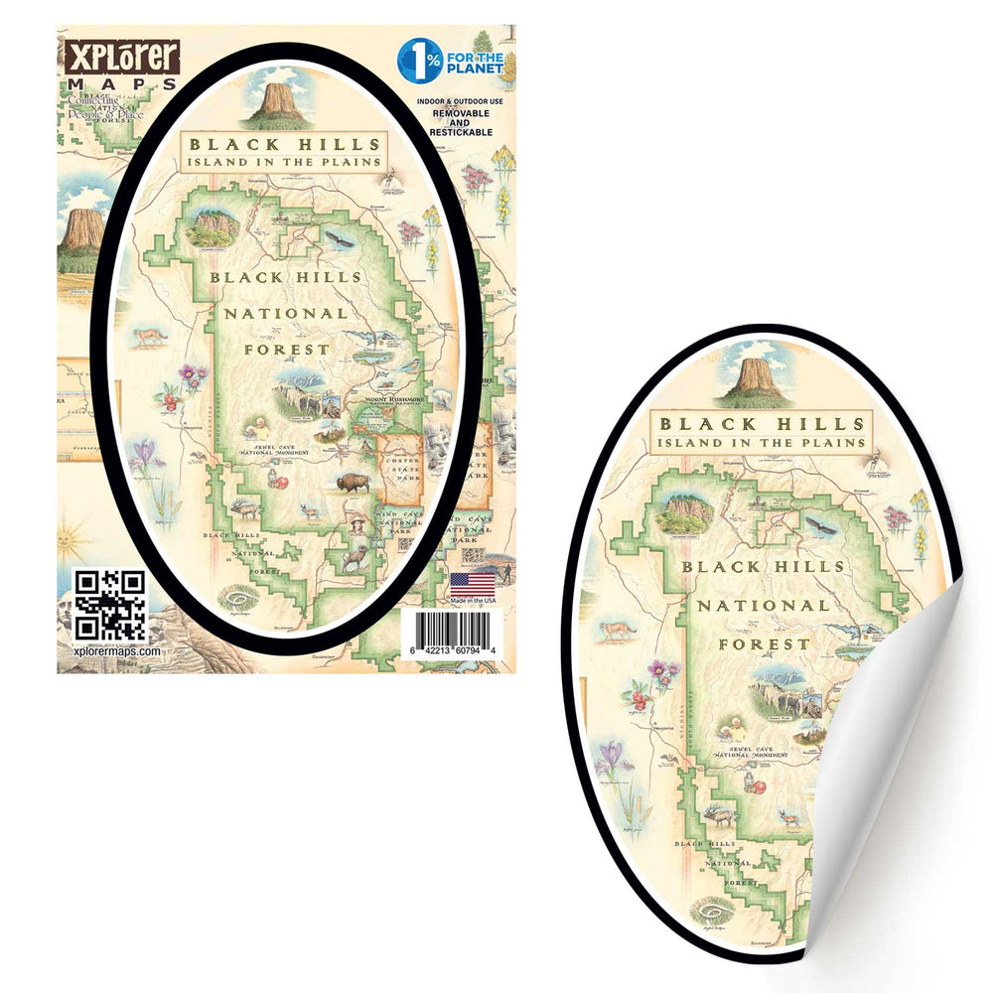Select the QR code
click(110, 605)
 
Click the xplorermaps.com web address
click(117, 649)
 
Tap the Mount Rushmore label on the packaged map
click(393, 399)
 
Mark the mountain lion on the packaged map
click(150, 336)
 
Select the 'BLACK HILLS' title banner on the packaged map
click(282, 145)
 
